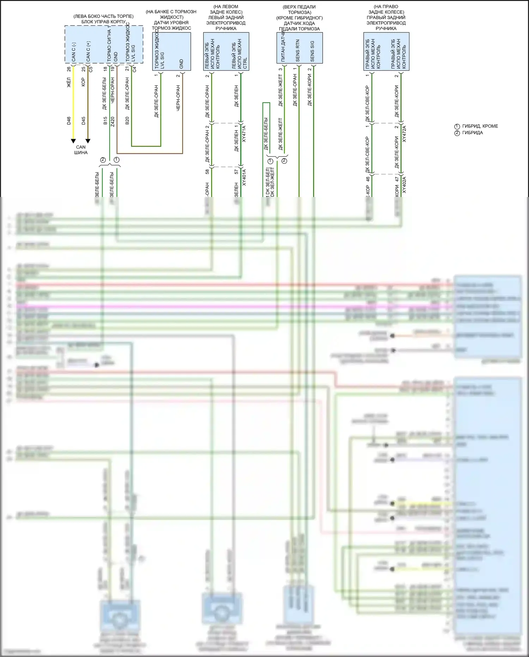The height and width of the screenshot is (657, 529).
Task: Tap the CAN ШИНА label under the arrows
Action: pyautogui.click(x=81, y=150)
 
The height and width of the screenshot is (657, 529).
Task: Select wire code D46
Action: pyautogui.click(x=69, y=121)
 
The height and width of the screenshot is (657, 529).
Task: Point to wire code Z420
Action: pyautogui.click(x=113, y=121)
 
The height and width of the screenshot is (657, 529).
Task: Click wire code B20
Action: pyautogui.click(x=127, y=121)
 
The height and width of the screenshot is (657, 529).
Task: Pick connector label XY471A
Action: pyautogui.click(x=244, y=134)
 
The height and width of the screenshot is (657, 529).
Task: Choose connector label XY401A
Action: pyautogui.click(x=244, y=178)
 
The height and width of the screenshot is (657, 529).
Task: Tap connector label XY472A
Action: pyautogui.click(x=404, y=134)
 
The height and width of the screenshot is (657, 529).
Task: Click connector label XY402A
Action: pyautogui.click(x=404, y=185)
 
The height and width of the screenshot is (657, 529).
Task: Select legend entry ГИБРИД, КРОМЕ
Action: pyautogui.click(x=480, y=126)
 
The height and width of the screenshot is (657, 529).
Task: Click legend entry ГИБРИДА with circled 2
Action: pyautogui.click(x=472, y=133)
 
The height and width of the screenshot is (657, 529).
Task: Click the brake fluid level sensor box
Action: pyautogui.click(x=171, y=52)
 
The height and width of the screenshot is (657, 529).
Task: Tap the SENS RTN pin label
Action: pyautogui.click(x=298, y=51)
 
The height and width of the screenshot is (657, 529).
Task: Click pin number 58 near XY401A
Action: pyautogui.click(x=207, y=172)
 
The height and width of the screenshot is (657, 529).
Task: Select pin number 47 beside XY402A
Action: pyautogui.click(x=397, y=179)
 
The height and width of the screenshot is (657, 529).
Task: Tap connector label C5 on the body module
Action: pyautogui.click(x=91, y=69)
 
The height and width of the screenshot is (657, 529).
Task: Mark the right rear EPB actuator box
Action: pyautogui.click(x=386, y=52)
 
